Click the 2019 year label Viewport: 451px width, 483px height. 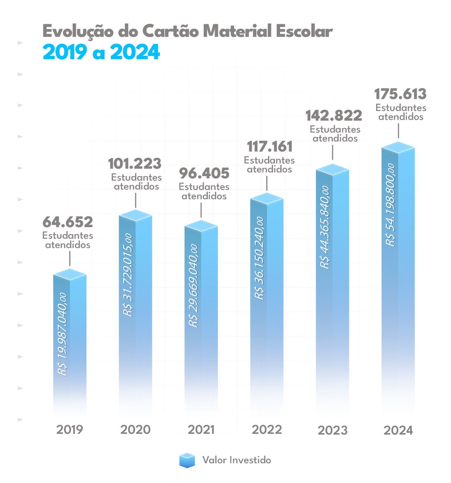click(70, 430)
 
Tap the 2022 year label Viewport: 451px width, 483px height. click(267, 430)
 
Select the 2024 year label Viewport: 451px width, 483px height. click(398, 430)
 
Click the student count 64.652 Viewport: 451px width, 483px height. click(68, 222)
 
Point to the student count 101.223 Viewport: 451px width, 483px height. click(135, 164)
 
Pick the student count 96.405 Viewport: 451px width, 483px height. click(204, 174)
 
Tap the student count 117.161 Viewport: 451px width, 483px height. click(270, 147)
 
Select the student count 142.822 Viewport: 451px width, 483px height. click(334, 116)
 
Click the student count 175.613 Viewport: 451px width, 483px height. click(400, 94)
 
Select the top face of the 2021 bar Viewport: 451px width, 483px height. click(201, 226)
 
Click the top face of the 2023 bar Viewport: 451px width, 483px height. click(333, 169)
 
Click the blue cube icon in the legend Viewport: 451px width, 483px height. click(187, 460)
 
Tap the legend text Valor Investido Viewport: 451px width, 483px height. click(236, 460)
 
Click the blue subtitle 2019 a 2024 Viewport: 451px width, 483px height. click(101, 52)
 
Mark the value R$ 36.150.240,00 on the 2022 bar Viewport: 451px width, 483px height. click(260, 258)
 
